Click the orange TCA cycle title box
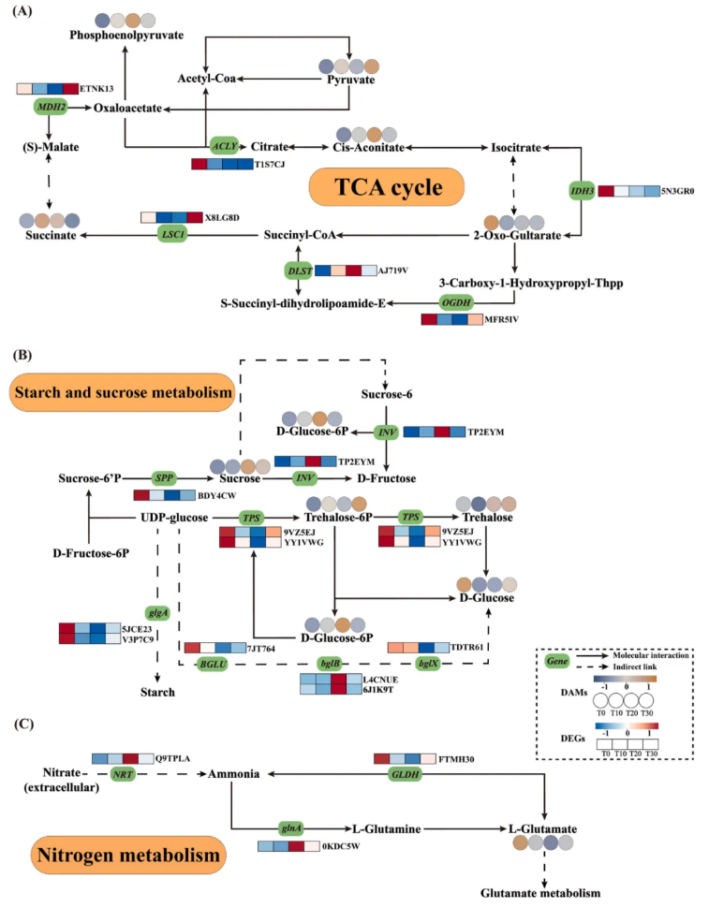pyautogui.click(x=387, y=189)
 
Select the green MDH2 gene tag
pyautogui.click(x=52, y=108)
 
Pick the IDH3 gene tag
pyautogui.click(x=583, y=191)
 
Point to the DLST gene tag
pyautogui.click(x=298, y=270)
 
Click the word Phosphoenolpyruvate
pyautogui.click(x=126, y=35)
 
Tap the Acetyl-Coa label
pyautogui.click(x=208, y=80)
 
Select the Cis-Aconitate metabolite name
pyautogui.click(x=368, y=147)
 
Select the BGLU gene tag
pyautogui.click(x=208, y=664)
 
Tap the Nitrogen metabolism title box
pyautogui.click(x=128, y=855)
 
